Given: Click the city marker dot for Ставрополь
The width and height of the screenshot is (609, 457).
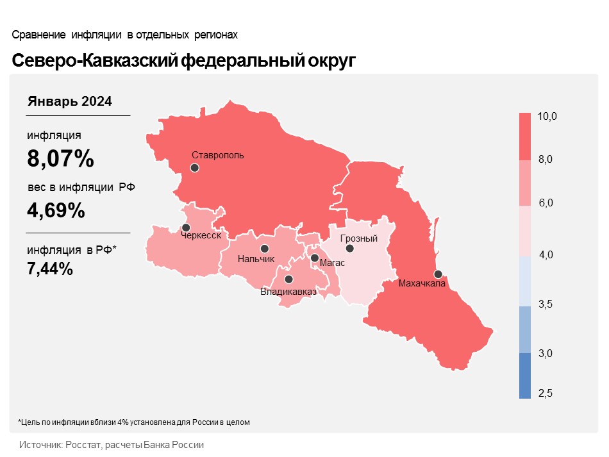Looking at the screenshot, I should (194, 168).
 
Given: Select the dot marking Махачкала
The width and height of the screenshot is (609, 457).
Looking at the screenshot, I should (438, 273).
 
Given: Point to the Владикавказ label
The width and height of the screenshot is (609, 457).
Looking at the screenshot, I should (288, 292).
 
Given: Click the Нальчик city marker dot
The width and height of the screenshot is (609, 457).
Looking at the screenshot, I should (264, 249).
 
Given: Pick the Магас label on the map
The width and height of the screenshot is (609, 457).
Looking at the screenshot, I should (332, 263).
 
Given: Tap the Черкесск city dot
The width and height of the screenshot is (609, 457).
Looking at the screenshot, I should (186, 228).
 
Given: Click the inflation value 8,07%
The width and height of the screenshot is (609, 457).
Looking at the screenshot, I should (61, 158).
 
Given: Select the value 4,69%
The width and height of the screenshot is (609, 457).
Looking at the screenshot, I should (56, 210).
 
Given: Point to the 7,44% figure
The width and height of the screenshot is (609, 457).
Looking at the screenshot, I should (50, 269).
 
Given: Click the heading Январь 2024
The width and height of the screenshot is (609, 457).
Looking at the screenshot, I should (70, 101).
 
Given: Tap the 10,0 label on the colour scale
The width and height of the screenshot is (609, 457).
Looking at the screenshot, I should (547, 117).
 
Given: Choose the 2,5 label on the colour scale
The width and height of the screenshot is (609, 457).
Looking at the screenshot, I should (546, 393).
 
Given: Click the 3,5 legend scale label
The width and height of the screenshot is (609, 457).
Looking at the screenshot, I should (546, 304).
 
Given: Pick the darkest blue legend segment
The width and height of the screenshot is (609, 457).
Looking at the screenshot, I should (525, 376).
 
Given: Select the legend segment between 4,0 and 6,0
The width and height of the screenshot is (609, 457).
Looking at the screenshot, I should (525, 231).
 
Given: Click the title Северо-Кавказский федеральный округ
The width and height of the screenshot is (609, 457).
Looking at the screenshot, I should (183, 61).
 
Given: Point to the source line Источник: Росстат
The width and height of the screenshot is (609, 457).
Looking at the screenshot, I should (112, 445).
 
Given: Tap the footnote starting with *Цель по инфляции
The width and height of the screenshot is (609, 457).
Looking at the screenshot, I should (134, 422).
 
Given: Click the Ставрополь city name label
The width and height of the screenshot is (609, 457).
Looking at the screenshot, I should (218, 155).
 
